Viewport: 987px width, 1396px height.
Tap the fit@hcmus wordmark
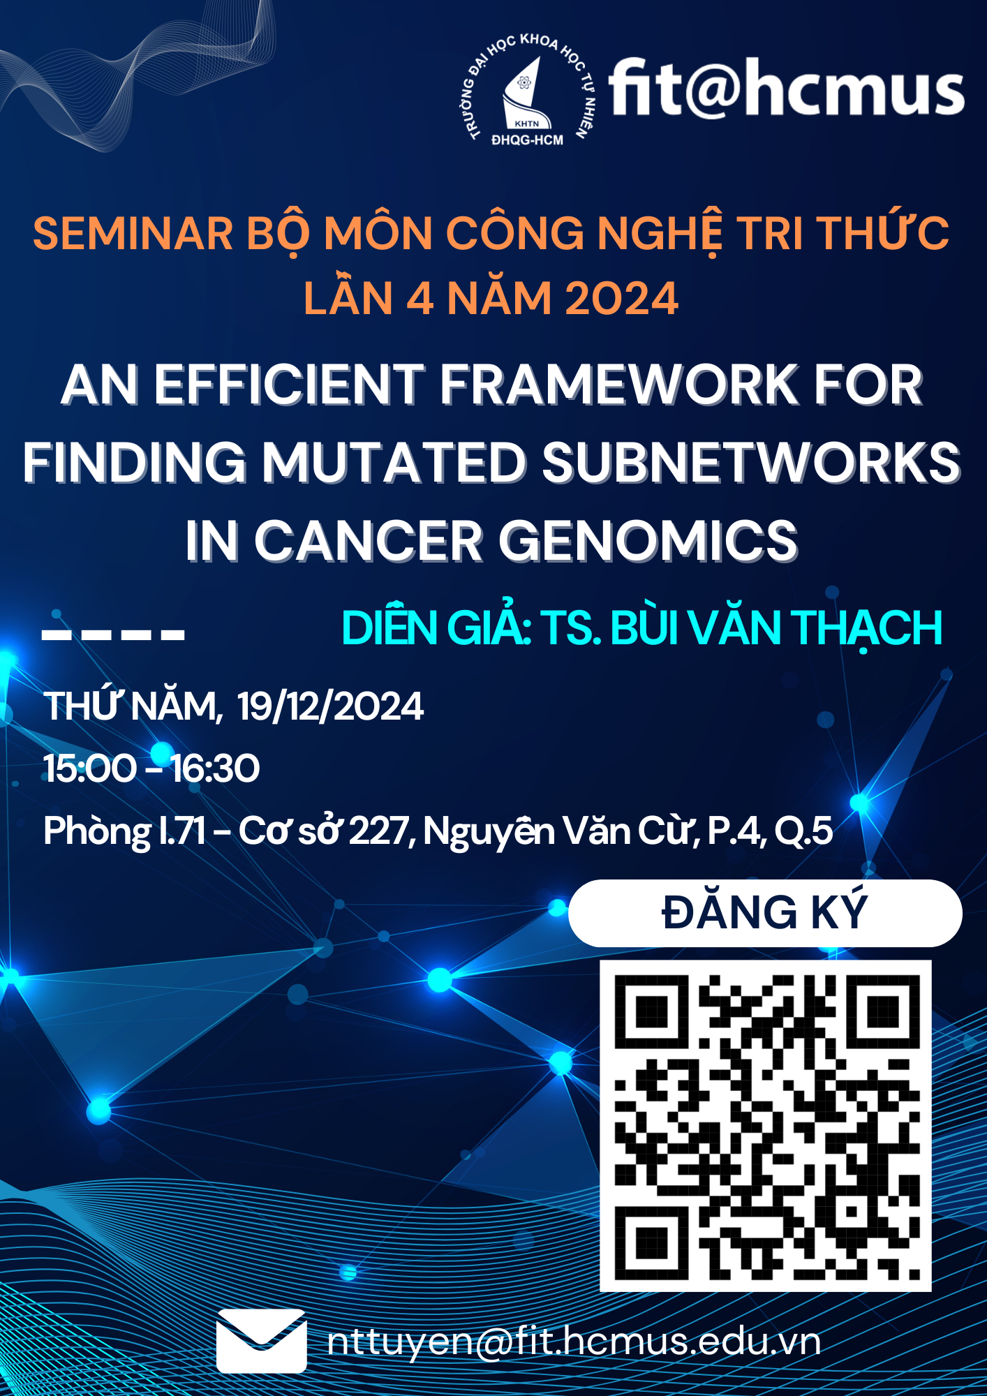coord(787,88)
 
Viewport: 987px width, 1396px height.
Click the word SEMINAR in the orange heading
coord(133,233)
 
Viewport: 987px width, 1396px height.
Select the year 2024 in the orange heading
coord(621,298)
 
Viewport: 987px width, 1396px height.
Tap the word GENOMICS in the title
coord(648,541)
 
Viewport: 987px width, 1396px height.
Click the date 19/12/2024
coord(330,706)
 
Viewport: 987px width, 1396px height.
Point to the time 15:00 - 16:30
coord(151,768)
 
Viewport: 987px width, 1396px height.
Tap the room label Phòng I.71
coord(124,832)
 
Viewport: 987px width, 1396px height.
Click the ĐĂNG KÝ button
coord(765,913)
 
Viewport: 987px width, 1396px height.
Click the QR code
coord(766,1125)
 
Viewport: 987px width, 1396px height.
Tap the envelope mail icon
coord(261,1341)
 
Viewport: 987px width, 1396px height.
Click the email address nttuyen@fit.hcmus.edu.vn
coord(574,1342)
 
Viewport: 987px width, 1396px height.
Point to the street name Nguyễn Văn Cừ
coord(560,832)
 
